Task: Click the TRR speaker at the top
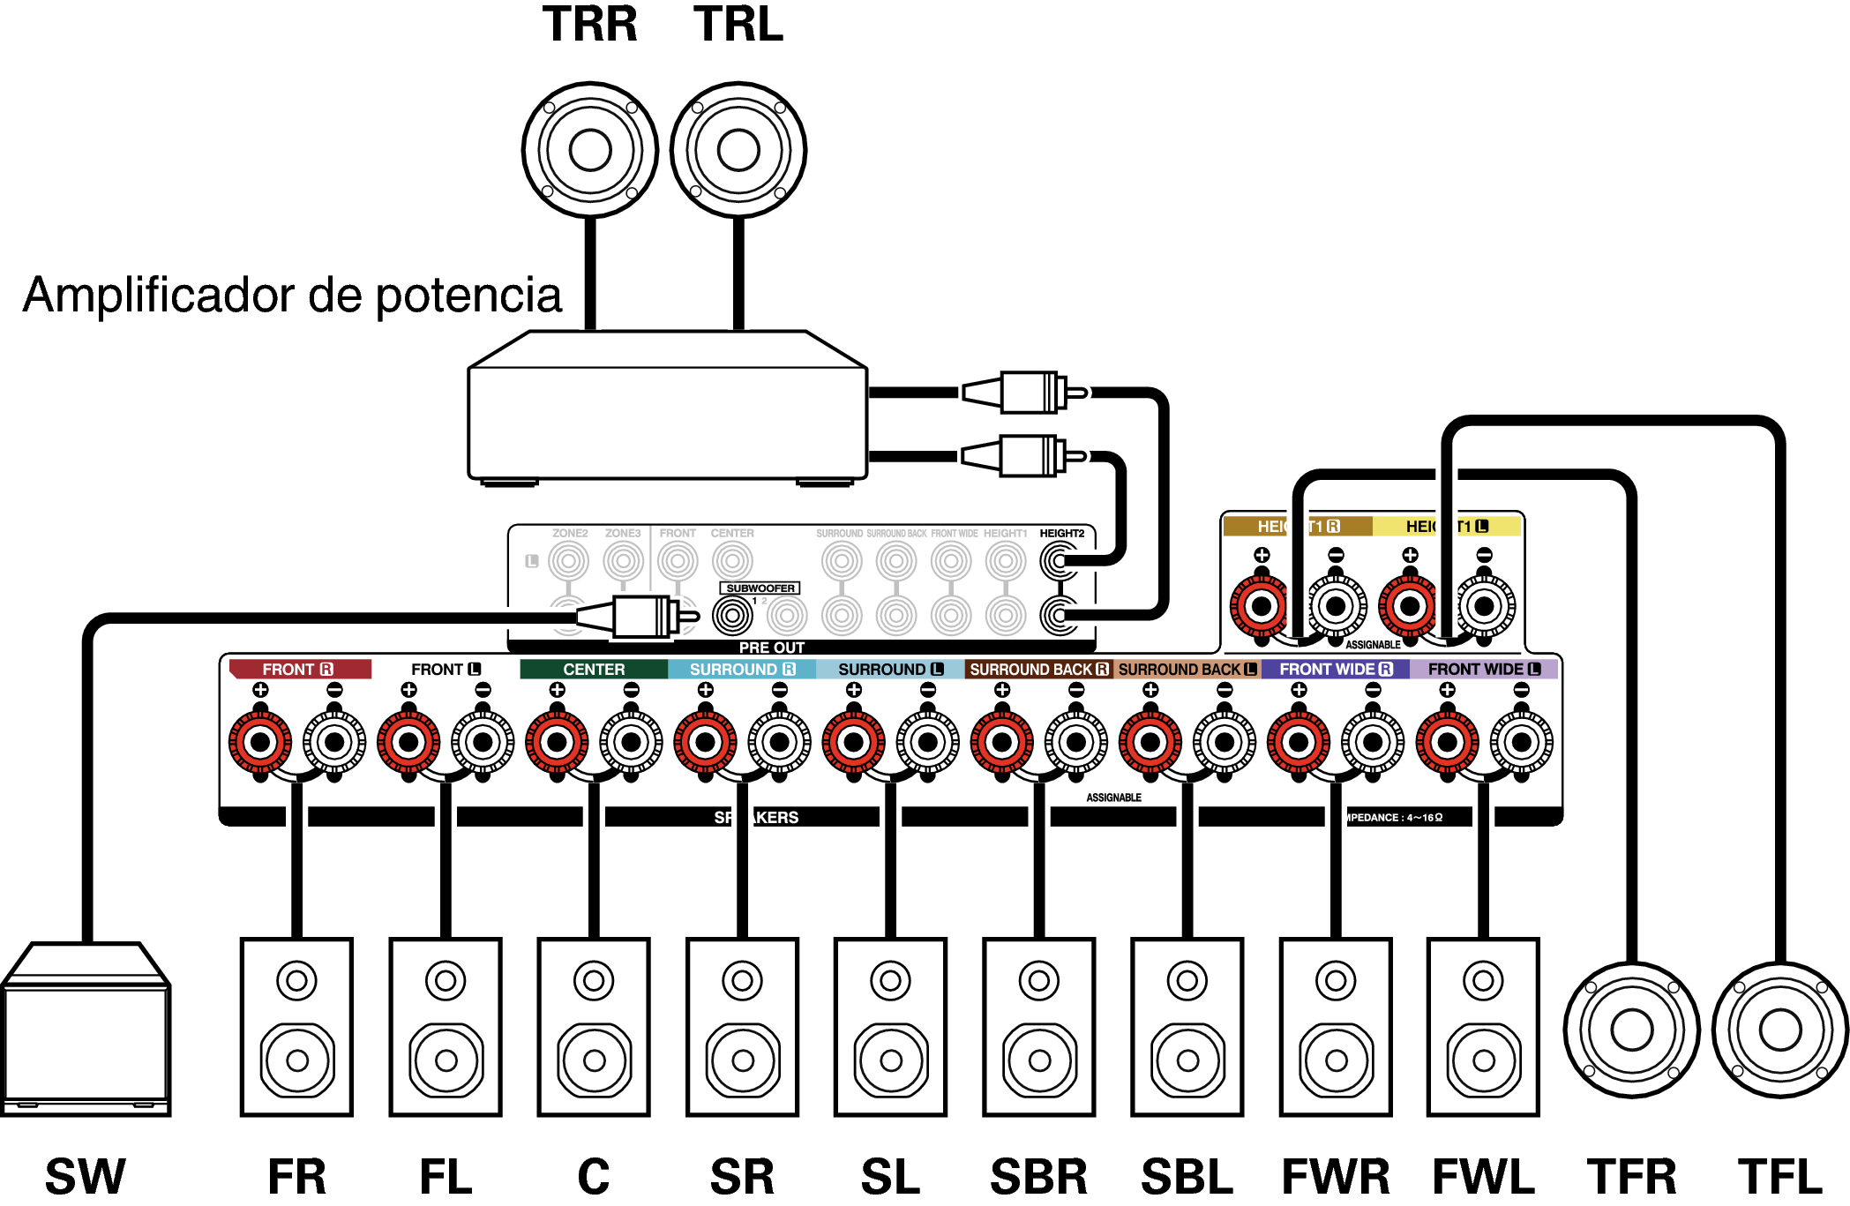[x=590, y=150]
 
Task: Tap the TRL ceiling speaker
[x=738, y=150]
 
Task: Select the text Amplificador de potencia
[x=292, y=295]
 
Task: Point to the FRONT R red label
[x=298, y=670]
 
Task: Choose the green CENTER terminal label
[x=594, y=670]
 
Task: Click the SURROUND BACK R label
[x=1038, y=670]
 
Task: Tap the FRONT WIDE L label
[x=1484, y=670]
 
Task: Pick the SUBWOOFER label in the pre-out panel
[x=760, y=588]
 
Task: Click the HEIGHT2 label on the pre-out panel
[x=1061, y=534]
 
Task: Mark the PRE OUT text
[x=771, y=648]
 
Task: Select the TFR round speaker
[x=1631, y=1030]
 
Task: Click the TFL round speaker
[x=1779, y=1030]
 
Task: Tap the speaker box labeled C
[x=594, y=1028]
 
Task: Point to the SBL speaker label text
[x=1187, y=1177]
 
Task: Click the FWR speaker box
[x=1336, y=1028]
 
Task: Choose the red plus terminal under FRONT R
[x=260, y=742]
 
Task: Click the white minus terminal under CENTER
[x=631, y=742]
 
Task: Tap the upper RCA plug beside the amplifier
[x=1023, y=393]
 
